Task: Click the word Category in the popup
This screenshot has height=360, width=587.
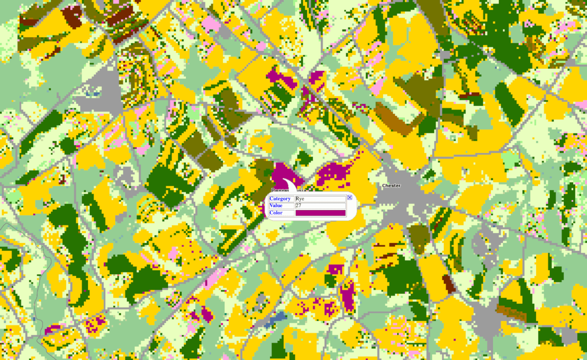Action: pyautogui.click(x=280, y=199)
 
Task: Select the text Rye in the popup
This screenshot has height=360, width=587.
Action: pyautogui.click(x=300, y=199)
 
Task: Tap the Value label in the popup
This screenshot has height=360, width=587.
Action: pyautogui.click(x=276, y=206)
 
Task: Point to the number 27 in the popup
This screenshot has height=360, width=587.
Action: pyautogui.click(x=299, y=206)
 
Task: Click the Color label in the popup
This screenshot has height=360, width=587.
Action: pyautogui.click(x=276, y=213)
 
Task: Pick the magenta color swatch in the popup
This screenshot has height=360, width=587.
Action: pyautogui.click(x=320, y=213)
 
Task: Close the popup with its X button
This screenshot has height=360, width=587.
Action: pyautogui.click(x=349, y=198)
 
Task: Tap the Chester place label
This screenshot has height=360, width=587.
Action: pyautogui.click(x=391, y=186)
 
